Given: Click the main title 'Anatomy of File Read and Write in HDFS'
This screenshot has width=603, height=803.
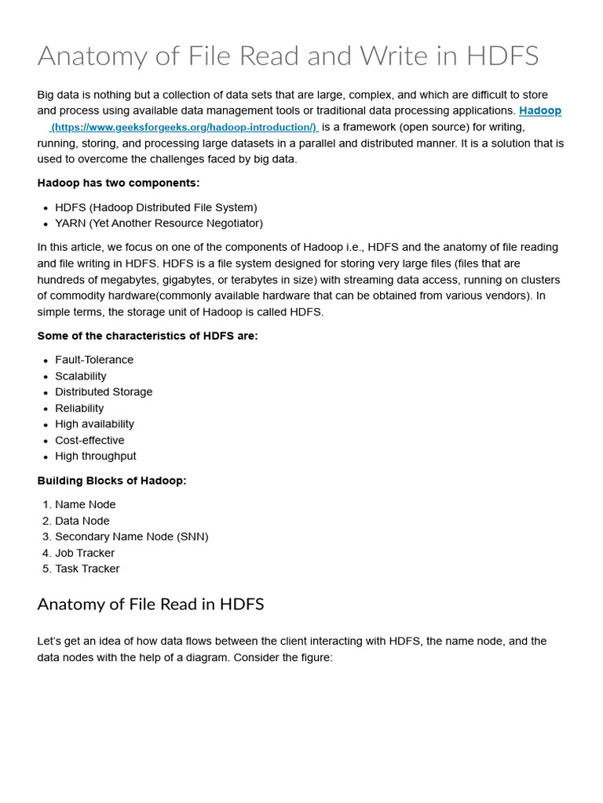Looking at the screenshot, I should point(288,56).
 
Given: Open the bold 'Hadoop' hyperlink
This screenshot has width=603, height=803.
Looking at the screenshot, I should point(540,111).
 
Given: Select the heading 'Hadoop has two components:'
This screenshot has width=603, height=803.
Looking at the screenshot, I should point(119,183).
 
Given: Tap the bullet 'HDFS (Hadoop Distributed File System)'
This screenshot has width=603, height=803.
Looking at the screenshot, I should point(155,207).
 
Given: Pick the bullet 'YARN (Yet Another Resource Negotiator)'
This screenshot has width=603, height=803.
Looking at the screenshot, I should point(159,223).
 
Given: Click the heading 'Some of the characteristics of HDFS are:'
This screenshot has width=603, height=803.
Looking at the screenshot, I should point(148,336).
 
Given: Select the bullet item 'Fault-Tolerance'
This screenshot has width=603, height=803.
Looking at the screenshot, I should point(94,360).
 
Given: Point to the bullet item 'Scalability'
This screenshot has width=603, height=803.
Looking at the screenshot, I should point(81,376).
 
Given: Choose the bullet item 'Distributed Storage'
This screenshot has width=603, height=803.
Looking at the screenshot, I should point(104,392).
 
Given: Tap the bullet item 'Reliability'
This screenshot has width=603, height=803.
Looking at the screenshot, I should point(79,409).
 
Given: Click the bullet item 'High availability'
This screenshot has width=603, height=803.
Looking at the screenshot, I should point(94,424).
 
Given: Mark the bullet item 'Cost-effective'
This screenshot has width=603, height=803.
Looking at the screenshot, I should point(90,441).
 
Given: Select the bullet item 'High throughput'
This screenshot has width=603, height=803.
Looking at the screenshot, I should point(95,456).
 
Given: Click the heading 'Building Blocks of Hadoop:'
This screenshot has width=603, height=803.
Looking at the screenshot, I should point(112,481).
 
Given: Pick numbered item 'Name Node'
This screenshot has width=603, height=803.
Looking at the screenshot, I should point(85,505).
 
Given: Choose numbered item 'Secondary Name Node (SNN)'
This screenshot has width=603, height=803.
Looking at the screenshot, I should point(131,537).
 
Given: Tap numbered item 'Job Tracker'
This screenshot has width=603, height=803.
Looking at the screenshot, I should point(85,553).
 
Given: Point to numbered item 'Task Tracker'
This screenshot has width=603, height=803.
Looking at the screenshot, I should point(87,569).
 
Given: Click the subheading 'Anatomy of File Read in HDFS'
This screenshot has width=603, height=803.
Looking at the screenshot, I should point(151,605).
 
